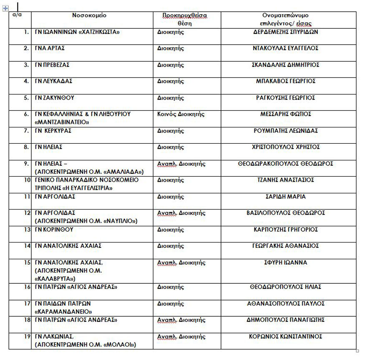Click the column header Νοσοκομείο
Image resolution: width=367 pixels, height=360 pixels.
tap(89, 15)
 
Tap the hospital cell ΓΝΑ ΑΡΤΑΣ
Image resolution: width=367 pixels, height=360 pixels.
tap(50, 48)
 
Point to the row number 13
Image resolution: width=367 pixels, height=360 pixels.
tap(27, 230)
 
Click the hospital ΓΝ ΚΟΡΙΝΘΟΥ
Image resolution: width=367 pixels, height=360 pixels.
tap(54, 230)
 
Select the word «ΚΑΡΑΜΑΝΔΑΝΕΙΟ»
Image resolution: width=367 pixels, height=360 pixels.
tap(63, 311)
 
